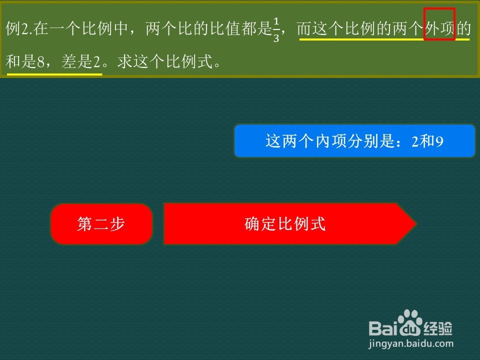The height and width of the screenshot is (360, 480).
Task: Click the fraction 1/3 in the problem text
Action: (x=276, y=29)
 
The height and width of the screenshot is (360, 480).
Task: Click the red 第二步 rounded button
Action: (x=101, y=224)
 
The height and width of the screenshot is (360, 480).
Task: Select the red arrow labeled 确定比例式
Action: (x=289, y=224)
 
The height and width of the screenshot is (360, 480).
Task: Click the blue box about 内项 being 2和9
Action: (x=354, y=141)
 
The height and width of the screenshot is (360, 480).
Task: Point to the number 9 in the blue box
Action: (x=439, y=141)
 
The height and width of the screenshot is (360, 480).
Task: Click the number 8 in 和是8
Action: (x=40, y=62)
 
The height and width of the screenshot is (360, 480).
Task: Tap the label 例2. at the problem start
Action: (x=19, y=29)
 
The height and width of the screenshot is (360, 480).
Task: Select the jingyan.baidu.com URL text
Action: (x=411, y=344)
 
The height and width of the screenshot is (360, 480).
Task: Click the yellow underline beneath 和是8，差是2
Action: (x=54, y=74)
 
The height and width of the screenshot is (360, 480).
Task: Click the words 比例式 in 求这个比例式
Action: (x=189, y=61)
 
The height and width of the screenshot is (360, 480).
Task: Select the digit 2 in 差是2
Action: (x=96, y=62)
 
